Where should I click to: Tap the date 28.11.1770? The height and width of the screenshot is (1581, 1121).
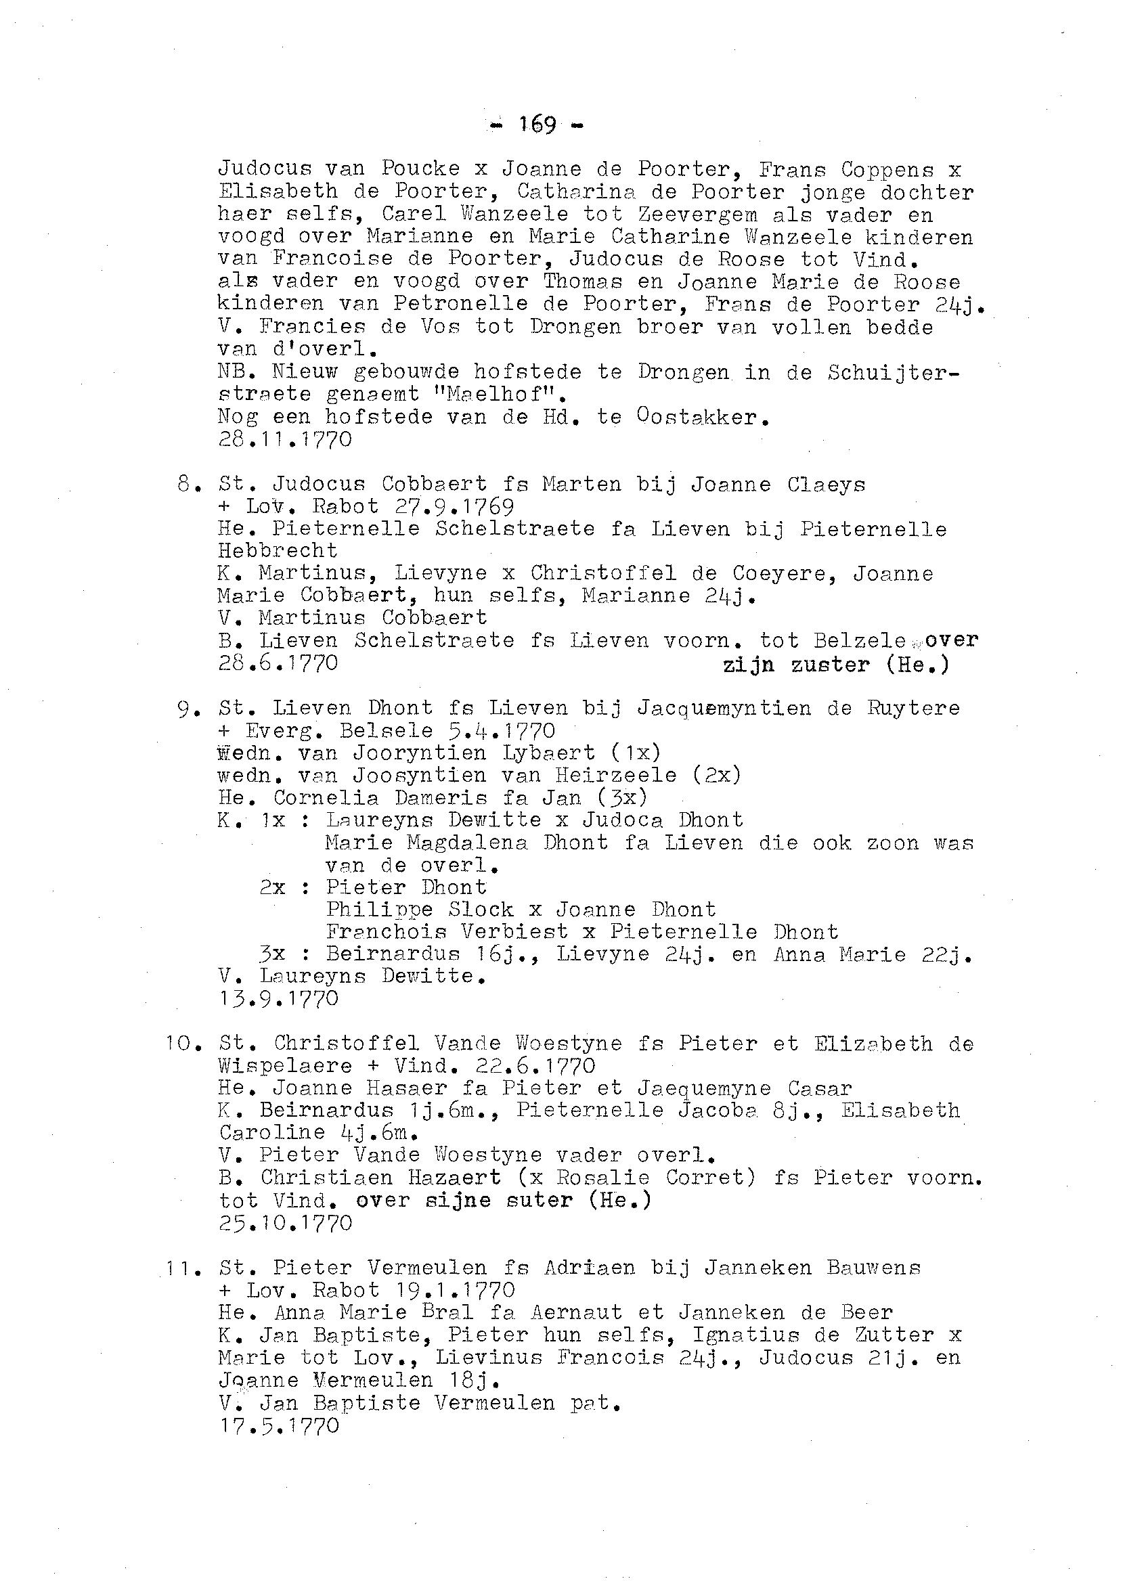[284, 440]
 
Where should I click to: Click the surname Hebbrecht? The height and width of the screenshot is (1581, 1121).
[278, 551]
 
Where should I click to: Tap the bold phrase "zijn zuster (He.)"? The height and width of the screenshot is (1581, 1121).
[835, 665]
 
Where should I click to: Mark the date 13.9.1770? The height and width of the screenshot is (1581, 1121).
[278, 998]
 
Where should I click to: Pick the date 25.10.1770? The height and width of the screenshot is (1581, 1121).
[285, 1223]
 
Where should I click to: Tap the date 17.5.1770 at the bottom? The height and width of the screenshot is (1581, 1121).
[278, 1425]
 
